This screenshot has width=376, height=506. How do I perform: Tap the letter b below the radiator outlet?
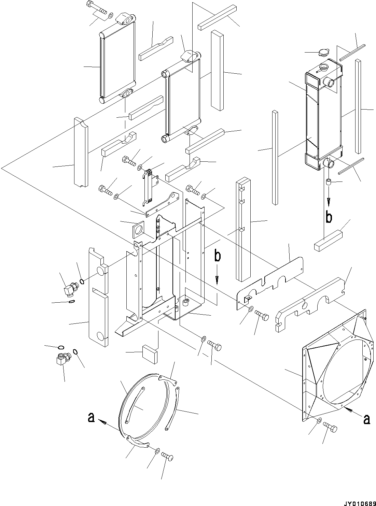329,217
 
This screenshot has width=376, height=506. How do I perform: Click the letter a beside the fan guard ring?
91,418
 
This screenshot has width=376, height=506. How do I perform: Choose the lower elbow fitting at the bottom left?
63,359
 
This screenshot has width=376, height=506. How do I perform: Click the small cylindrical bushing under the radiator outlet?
329,182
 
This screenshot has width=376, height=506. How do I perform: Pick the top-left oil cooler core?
117,65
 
